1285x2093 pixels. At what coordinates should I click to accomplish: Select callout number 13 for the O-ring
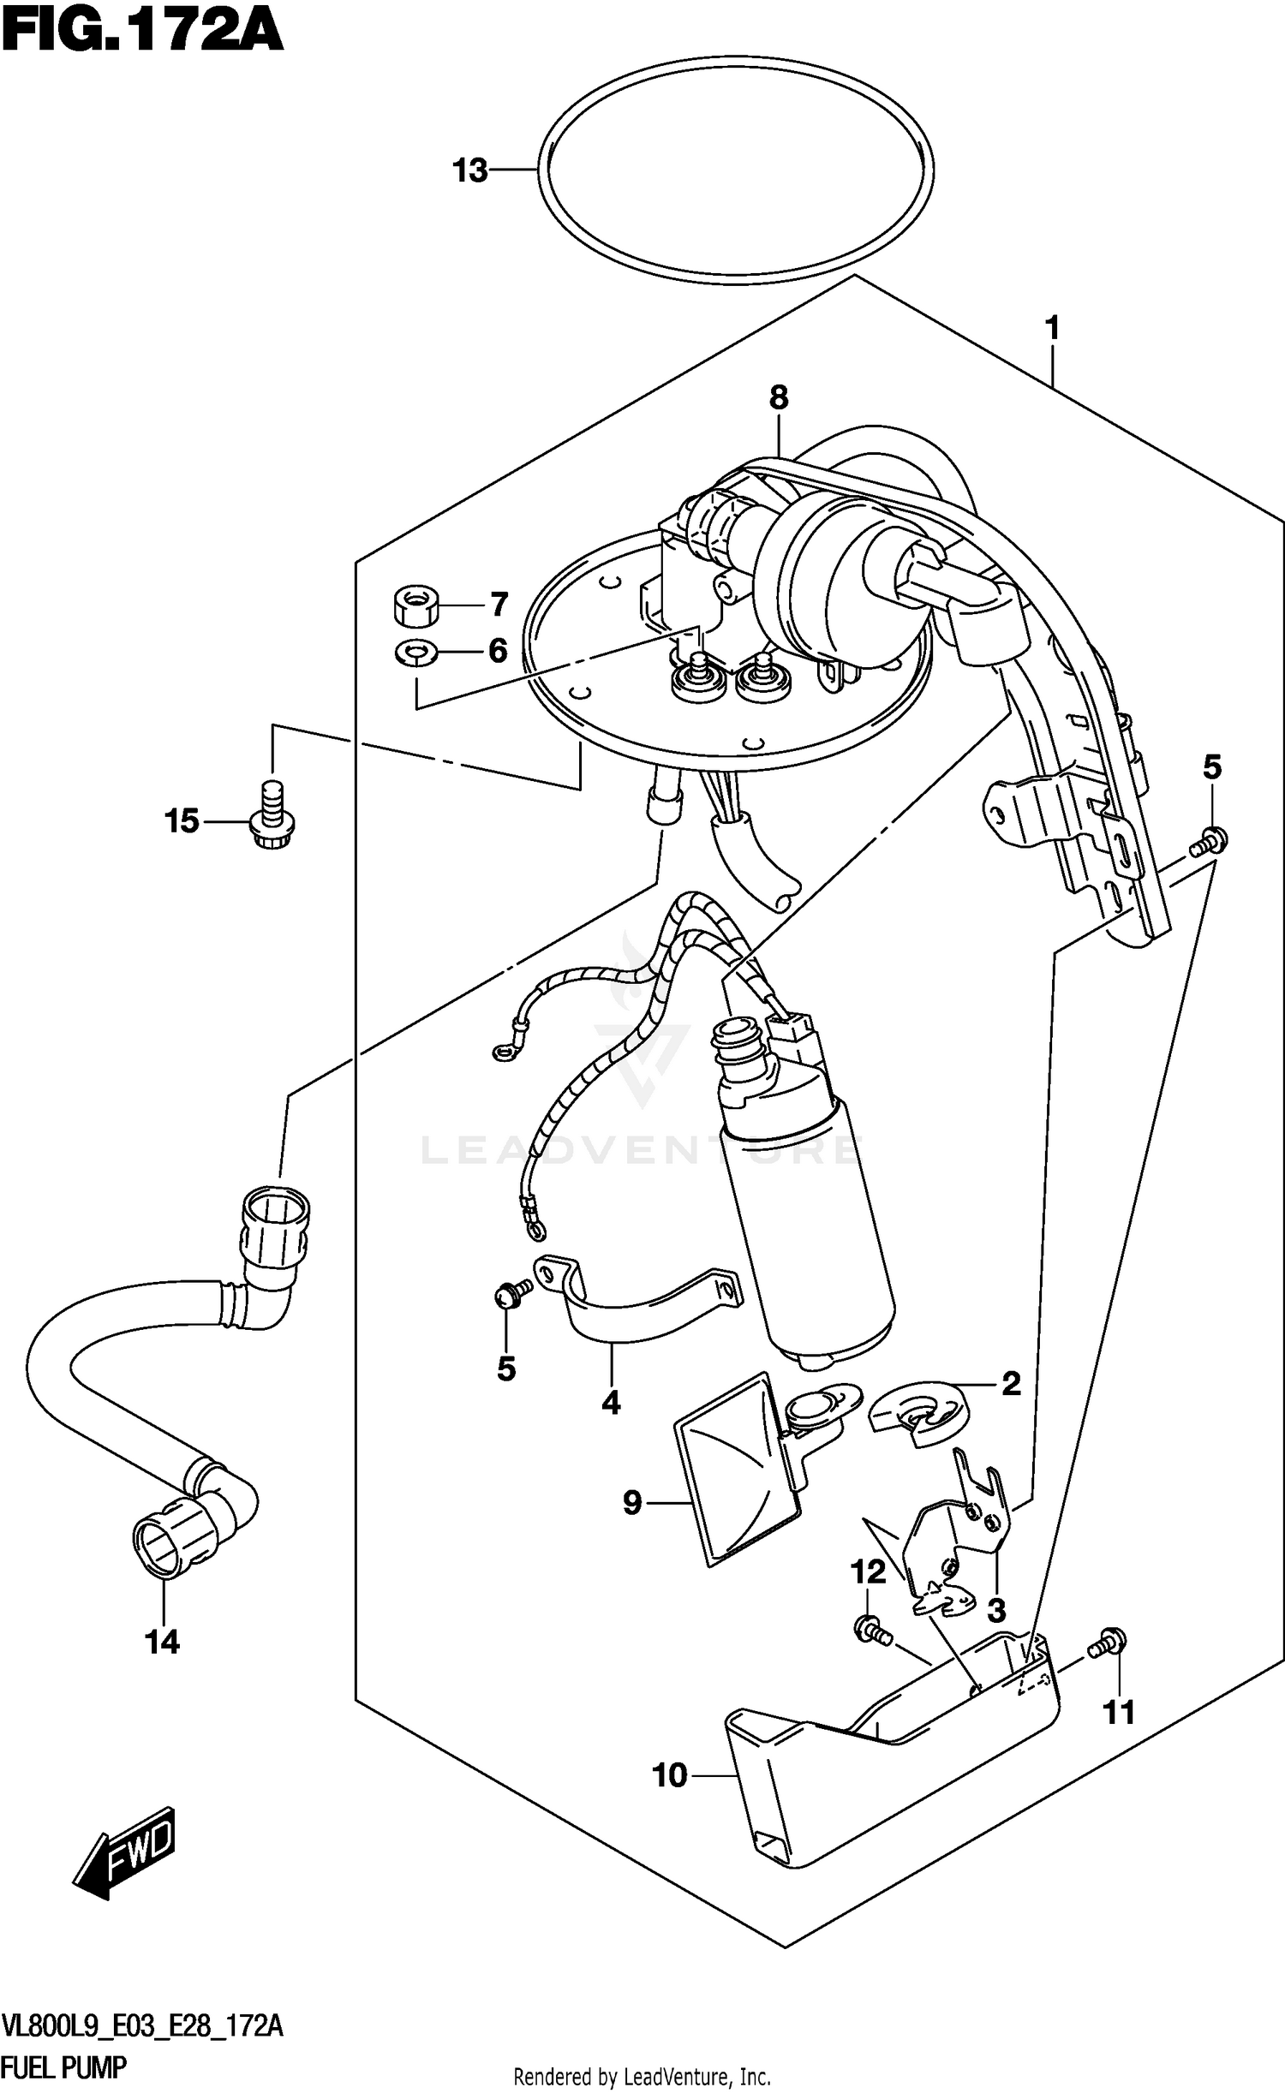point(470,171)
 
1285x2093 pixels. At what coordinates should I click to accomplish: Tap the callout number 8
point(778,397)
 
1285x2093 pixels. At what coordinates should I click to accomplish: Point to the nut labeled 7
point(415,606)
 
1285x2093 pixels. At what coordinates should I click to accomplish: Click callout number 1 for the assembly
point(1051,328)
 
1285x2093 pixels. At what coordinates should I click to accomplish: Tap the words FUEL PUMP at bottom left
point(64,2066)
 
